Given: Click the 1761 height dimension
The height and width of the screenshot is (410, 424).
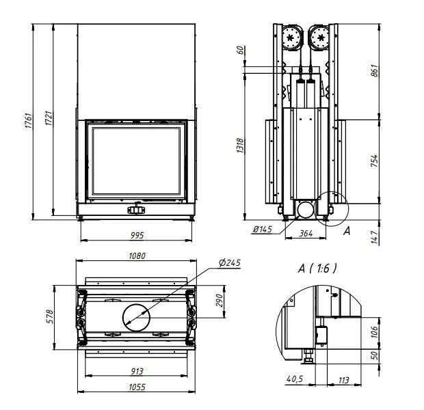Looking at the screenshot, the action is (29, 120).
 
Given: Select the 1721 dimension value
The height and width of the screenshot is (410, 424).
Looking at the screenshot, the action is (49, 118).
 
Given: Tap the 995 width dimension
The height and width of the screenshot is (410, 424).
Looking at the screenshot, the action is (137, 235).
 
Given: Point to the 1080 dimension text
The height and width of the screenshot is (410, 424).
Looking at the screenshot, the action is (137, 256).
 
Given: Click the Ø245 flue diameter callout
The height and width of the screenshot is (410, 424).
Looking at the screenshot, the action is (230, 262).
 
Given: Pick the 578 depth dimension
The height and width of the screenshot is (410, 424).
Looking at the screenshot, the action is (51, 316).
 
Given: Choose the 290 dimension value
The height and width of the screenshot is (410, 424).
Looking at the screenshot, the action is (220, 301).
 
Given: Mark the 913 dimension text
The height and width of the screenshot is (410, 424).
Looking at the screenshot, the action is (137, 371).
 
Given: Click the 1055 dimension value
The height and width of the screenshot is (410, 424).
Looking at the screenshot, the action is (137, 387).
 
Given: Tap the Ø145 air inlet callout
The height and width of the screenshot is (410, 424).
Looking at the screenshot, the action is (263, 230).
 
